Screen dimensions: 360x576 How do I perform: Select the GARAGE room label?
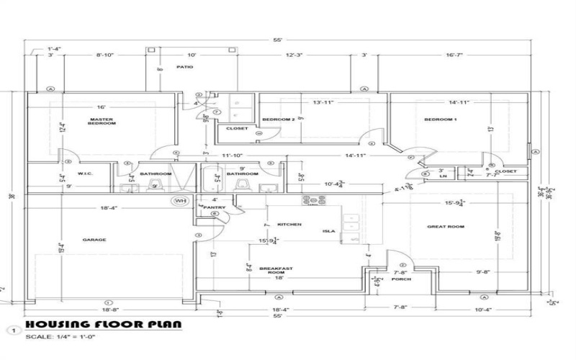pos(94,239)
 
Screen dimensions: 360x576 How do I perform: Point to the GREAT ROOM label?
pos(446,227)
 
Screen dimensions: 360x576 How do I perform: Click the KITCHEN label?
pos(289,225)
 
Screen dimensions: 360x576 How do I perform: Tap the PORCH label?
pos(401,279)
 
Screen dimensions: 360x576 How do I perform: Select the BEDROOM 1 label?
pos(440,119)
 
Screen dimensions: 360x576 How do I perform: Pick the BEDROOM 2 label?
pos(278,119)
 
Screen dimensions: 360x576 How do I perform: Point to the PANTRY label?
pos(215,207)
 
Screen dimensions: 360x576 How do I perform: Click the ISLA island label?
pos(329,232)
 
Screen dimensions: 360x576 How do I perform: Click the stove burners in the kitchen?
pos(314,199)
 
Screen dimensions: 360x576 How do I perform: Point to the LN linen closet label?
pos(443,176)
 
